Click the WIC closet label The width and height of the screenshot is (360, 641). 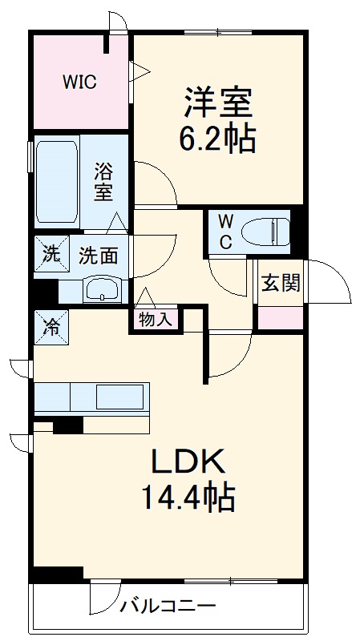[81, 81]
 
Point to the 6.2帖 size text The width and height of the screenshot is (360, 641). [218, 139]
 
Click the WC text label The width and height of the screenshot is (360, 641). [224, 231]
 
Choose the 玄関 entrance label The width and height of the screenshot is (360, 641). [280, 283]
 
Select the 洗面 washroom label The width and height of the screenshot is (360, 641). [98, 256]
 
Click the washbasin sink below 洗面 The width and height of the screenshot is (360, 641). [102, 290]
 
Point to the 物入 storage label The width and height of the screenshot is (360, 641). [155, 319]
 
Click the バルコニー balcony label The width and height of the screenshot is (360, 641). [168, 606]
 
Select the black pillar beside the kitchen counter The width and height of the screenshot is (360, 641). [68, 425]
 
